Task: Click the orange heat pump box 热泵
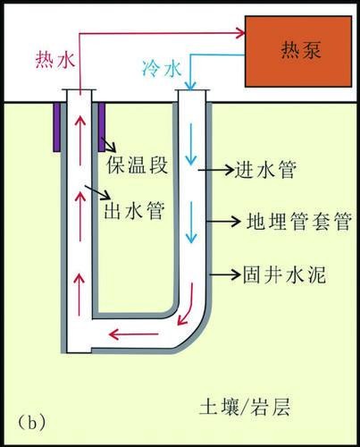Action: click(x=298, y=51)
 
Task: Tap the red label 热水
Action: click(x=55, y=60)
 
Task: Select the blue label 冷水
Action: click(x=162, y=69)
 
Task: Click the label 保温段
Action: click(x=138, y=164)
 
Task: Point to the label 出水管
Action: click(x=134, y=211)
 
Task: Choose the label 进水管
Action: click(x=265, y=170)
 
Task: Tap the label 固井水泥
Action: click(x=285, y=274)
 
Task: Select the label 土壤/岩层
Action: click(x=245, y=407)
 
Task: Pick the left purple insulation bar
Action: click(x=57, y=127)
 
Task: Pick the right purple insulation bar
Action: click(x=102, y=127)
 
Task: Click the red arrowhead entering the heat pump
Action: click(x=240, y=32)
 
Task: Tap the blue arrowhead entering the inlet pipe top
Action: click(x=190, y=86)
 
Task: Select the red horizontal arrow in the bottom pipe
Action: click(x=133, y=334)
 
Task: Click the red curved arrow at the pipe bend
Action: click(x=186, y=304)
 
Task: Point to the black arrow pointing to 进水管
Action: click(x=216, y=170)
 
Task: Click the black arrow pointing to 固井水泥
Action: click(x=225, y=274)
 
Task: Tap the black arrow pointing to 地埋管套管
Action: click(x=223, y=221)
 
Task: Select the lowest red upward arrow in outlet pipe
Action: click(x=79, y=295)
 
